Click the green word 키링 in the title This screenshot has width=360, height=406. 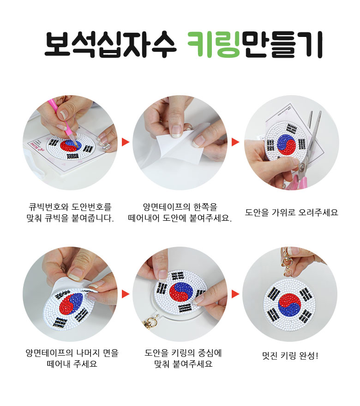[x=214, y=44]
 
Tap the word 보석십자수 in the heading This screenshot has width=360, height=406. [x=111, y=44]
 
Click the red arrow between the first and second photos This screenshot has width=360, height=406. [x=125, y=142]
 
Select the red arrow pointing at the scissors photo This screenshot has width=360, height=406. [x=235, y=142]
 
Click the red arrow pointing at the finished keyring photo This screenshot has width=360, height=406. [x=235, y=294]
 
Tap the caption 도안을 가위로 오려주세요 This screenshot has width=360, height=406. [x=291, y=212]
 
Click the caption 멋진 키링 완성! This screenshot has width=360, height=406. [x=290, y=356]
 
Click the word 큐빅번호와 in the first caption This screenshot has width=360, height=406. [x=48, y=207]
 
